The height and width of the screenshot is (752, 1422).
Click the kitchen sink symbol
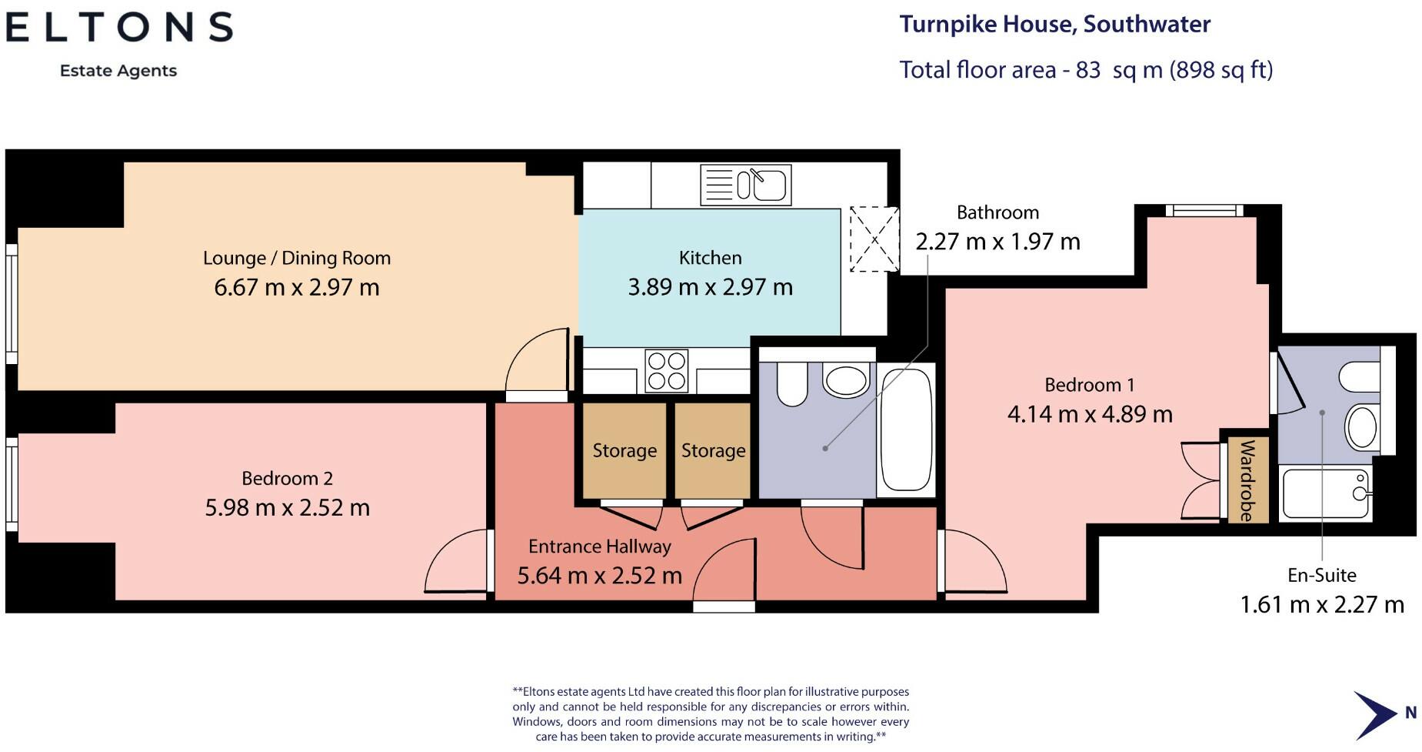tap(745, 185)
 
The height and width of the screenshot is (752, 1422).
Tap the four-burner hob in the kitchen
tap(667, 371)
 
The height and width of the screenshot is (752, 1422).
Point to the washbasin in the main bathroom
tap(846, 379)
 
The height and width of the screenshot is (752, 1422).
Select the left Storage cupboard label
tap(624, 450)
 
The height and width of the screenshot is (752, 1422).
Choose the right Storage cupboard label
tap(713, 450)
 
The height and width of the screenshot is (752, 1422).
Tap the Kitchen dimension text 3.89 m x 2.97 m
tap(710, 287)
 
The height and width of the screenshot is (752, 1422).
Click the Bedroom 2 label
tap(287, 479)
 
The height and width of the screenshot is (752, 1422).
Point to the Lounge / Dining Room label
tap(297, 258)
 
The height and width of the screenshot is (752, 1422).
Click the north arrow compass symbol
tap(1375, 714)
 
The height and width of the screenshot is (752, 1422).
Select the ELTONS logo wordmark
tap(119, 28)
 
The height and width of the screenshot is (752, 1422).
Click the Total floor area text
tap(1086, 70)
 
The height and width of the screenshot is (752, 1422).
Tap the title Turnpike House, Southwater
tap(1055, 25)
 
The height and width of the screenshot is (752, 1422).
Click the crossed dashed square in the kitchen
tap(874, 239)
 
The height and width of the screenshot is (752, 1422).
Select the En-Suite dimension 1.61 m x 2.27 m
tap(1322, 605)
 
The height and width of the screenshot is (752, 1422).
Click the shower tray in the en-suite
tap(1327, 493)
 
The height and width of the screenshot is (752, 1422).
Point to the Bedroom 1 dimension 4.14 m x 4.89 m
tap(1090, 414)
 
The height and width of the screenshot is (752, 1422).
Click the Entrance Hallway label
tap(600, 546)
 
